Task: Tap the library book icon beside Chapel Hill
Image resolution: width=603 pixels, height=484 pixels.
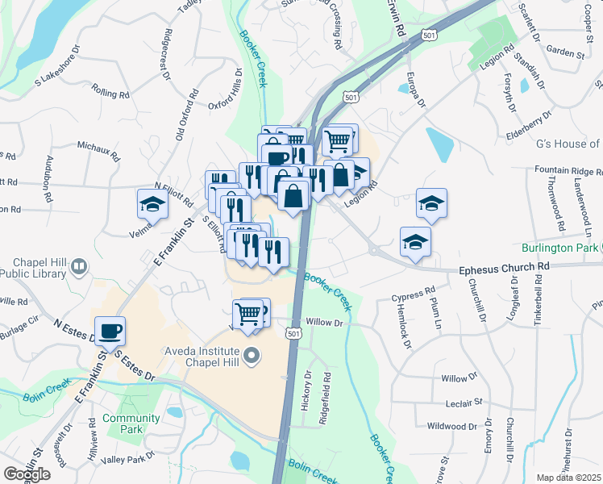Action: pos(79,266)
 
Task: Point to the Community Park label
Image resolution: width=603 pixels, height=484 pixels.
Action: pos(131,423)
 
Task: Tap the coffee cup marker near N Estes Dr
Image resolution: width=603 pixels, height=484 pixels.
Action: pos(110,330)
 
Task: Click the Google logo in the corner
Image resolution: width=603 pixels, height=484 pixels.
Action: pos(27,474)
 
